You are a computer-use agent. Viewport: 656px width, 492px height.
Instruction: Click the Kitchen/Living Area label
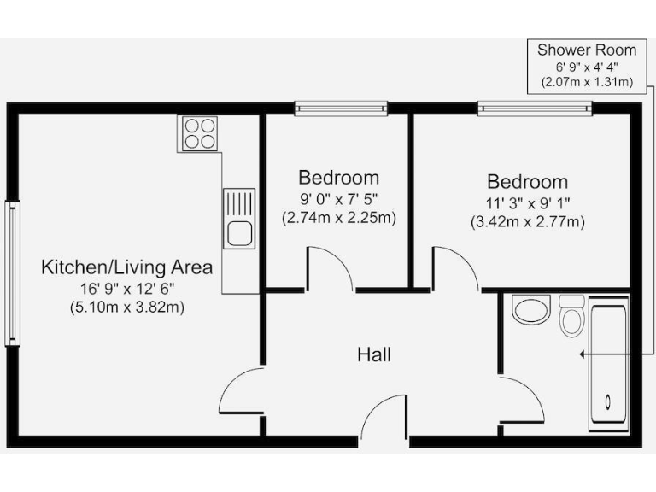127,267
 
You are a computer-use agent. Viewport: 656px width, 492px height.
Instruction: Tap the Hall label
374,354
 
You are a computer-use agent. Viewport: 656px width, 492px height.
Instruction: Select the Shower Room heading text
586,50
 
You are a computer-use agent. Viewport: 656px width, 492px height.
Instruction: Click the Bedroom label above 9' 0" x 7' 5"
338,178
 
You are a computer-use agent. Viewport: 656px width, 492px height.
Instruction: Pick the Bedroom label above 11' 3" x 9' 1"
527,182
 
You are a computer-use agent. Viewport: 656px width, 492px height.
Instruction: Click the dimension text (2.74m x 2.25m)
338,218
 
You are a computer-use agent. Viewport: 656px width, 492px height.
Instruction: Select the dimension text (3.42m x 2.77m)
527,222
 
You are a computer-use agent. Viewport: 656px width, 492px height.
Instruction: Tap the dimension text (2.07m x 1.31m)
586,82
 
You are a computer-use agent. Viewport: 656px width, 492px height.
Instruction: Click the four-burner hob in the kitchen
200,133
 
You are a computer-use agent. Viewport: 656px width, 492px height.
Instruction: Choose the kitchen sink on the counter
239,220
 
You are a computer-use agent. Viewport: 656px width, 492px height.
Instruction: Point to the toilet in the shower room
571,316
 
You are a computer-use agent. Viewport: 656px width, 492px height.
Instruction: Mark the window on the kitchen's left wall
12,272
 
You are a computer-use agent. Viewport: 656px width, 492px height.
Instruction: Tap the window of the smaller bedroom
341,108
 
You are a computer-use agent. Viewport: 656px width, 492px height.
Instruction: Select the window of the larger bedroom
534,108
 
